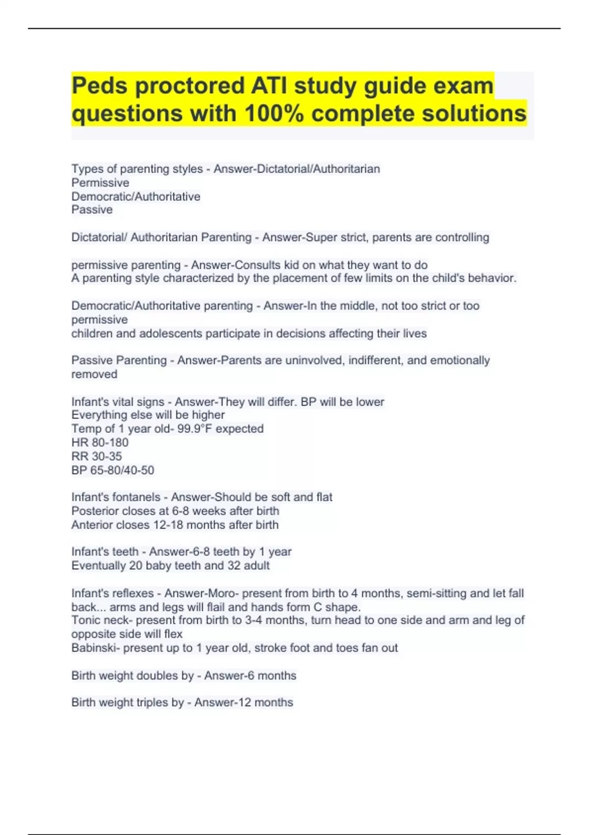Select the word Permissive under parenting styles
pos(100,183)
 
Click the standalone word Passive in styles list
pos(92,210)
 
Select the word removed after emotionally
pos(94,374)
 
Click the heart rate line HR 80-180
pos(100,443)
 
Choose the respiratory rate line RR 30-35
pos(96,456)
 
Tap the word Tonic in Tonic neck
pos(84,620)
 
